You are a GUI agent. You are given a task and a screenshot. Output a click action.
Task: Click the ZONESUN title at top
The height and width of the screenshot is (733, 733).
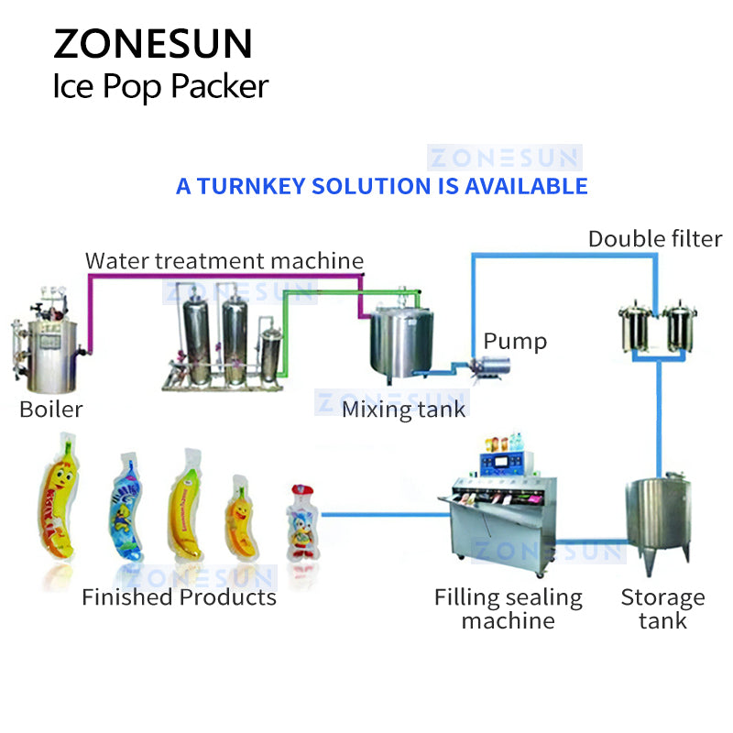click(x=152, y=44)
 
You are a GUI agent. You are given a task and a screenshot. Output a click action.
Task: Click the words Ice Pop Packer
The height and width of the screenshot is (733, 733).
click(x=160, y=87)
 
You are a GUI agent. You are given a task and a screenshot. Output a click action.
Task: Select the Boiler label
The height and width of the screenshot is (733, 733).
click(x=50, y=409)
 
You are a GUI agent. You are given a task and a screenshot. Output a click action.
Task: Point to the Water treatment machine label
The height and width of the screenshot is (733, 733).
click(x=224, y=260)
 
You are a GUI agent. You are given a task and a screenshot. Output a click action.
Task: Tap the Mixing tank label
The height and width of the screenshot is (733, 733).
click(x=403, y=409)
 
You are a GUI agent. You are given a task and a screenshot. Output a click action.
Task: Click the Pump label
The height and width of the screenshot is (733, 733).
click(x=514, y=342)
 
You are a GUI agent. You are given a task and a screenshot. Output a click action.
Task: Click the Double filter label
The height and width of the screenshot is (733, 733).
click(x=654, y=239)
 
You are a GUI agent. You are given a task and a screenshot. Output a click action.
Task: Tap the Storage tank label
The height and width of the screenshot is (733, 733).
click(x=662, y=609)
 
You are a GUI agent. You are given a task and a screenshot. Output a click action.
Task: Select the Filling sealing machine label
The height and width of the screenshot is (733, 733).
click(x=508, y=609)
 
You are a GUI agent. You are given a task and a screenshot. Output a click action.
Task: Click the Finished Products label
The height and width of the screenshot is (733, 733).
click(x=179, y=597)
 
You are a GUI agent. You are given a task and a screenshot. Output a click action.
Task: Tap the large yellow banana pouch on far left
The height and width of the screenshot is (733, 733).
click(x=65, y=504)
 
